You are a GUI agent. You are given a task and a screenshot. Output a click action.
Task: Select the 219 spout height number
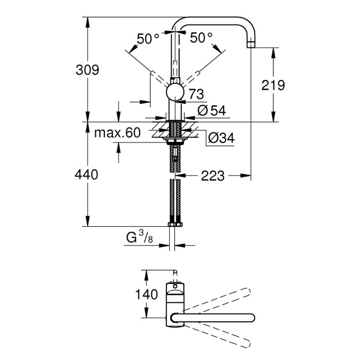(273, 85)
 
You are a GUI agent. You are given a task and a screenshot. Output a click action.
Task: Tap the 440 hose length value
(87, 175)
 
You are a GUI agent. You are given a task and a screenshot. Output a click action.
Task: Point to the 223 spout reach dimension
(213, 176)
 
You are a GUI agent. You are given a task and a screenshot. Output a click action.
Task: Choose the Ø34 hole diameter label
(219, 137)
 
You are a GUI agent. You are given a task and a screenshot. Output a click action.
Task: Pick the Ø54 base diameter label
(211, 111)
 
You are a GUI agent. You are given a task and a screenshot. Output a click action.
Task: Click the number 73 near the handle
(197, 94)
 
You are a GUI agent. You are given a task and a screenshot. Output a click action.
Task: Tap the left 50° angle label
(148, 39)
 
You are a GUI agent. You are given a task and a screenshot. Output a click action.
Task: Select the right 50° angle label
(201, 38)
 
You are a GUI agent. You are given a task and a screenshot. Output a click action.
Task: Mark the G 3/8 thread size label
(137, 240)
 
